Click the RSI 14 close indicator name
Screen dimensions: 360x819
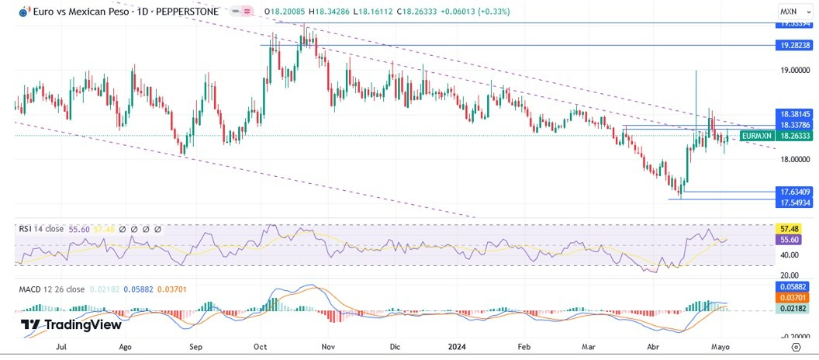click(x=42, y=230)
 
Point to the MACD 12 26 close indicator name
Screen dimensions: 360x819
click(x=52, y=289)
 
